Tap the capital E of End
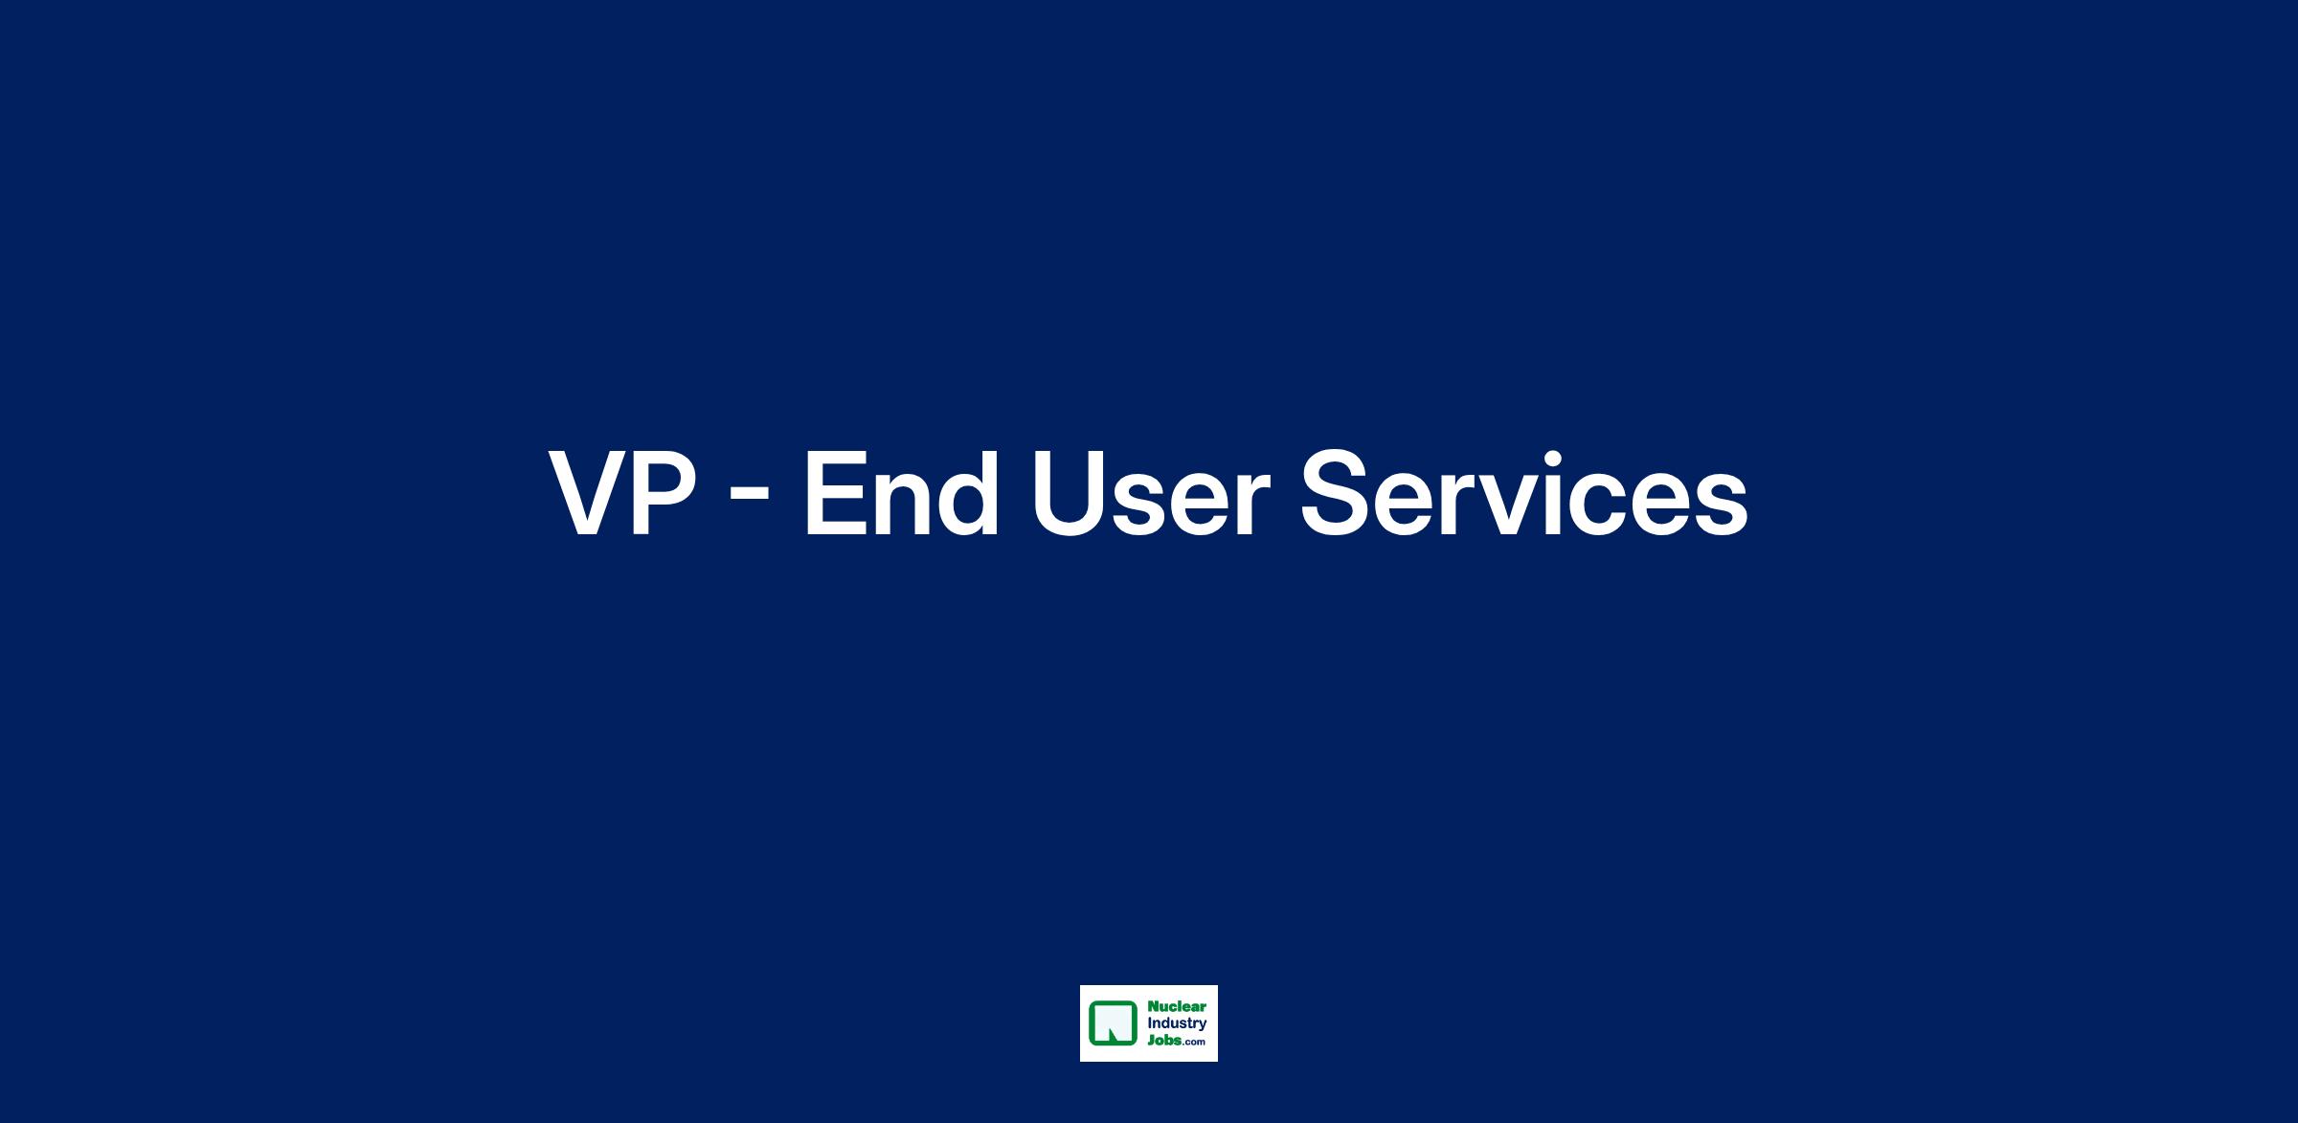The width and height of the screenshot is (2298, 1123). [834, 495]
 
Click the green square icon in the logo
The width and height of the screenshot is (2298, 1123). [1114, 1023]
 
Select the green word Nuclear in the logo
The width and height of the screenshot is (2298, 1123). [1177, 1007]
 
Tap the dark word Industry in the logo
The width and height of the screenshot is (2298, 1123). [1177, 1024]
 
